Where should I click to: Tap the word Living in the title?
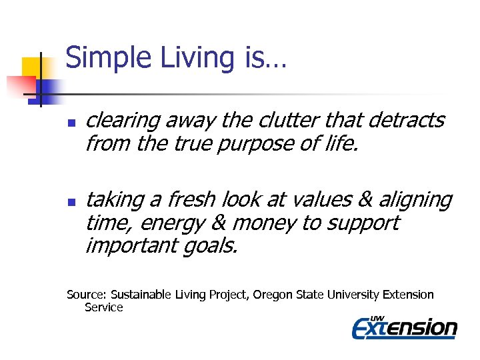point(193,58)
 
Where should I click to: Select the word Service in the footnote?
point(104,307)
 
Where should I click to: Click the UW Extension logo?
point(405,327)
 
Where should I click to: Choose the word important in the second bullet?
point(129,245)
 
